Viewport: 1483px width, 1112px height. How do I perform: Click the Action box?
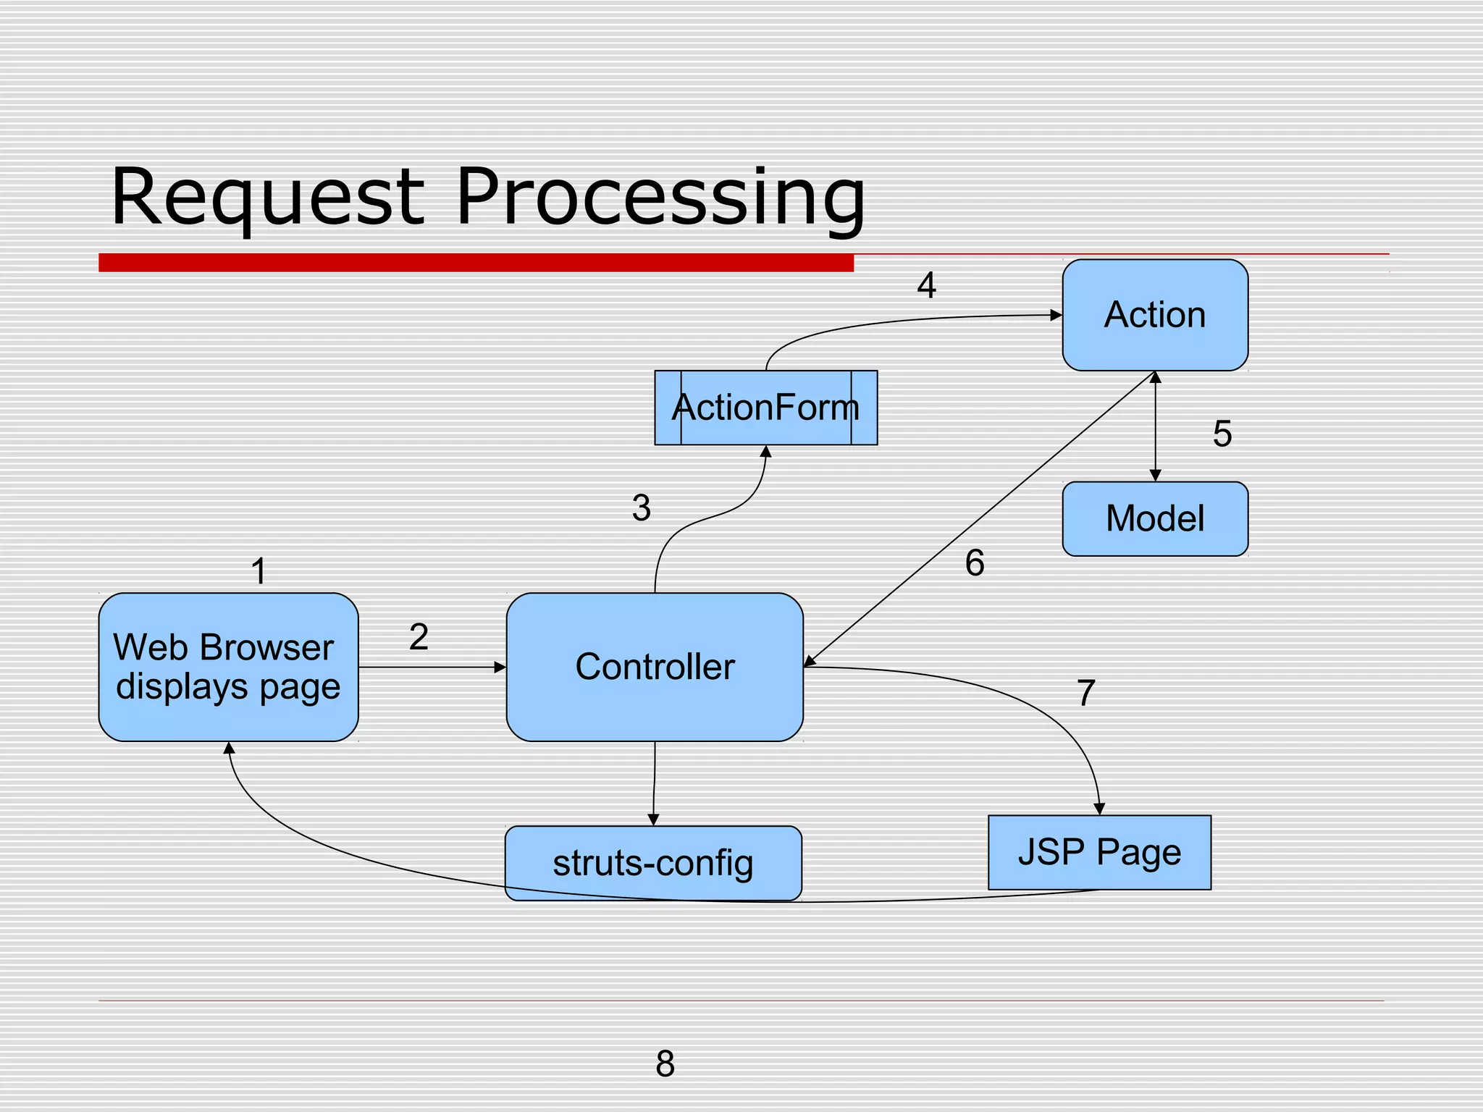1155,316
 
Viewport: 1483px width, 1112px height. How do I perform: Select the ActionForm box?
765,408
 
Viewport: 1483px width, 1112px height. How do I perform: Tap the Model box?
1155,519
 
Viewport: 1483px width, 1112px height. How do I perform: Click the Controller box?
655,667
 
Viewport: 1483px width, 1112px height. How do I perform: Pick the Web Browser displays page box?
228,667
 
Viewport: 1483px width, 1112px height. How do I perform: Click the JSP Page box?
1099,852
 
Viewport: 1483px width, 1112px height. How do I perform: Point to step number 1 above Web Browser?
259,571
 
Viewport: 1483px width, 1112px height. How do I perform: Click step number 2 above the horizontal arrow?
419,637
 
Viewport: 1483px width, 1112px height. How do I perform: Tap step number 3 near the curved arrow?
641,508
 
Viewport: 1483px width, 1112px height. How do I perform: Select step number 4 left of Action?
926,285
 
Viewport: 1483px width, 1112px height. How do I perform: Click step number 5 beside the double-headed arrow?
1222,434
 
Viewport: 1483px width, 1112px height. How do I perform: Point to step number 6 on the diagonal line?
975,563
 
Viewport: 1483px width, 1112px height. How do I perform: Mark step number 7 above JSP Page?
1085,694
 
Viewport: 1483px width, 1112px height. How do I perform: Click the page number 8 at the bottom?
665,1063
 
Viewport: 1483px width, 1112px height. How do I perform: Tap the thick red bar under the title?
476,263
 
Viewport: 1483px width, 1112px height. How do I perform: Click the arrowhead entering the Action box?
1056,316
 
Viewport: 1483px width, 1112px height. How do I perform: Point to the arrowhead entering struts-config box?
653,820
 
